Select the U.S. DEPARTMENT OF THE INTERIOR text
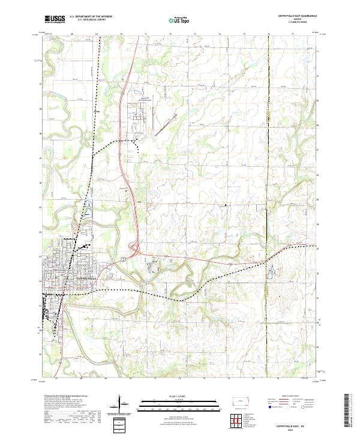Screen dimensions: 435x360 pyautogui.click(x=91, y=17)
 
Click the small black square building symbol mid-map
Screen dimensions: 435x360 pyautogui.click(x=226, y=206)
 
